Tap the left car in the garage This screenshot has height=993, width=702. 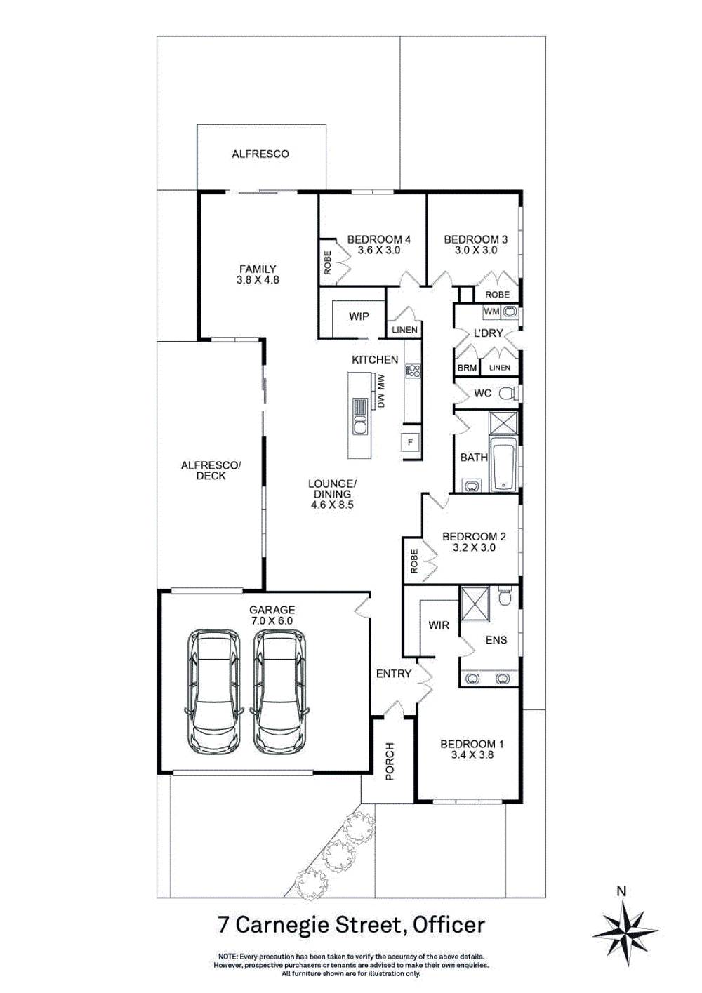point(213,690)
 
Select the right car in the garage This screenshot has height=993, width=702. point(279,690)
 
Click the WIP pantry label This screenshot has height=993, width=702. point(359,316)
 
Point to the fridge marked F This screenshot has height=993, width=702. point(411,442)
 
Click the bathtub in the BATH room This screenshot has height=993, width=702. point(503,465)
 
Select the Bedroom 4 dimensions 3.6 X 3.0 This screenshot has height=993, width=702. point(378,250)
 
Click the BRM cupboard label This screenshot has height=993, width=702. point(466,368)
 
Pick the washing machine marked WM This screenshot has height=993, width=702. point(492,311)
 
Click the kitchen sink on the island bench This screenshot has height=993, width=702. point(360,425)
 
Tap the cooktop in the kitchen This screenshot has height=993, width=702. point(413,371)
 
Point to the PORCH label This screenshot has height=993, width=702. point(390,761)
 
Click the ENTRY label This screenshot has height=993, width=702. point(393,674)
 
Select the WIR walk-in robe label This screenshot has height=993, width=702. point(438,625)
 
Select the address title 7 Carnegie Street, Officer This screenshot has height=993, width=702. point(351,925)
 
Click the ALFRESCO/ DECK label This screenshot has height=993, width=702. point(211,470)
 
